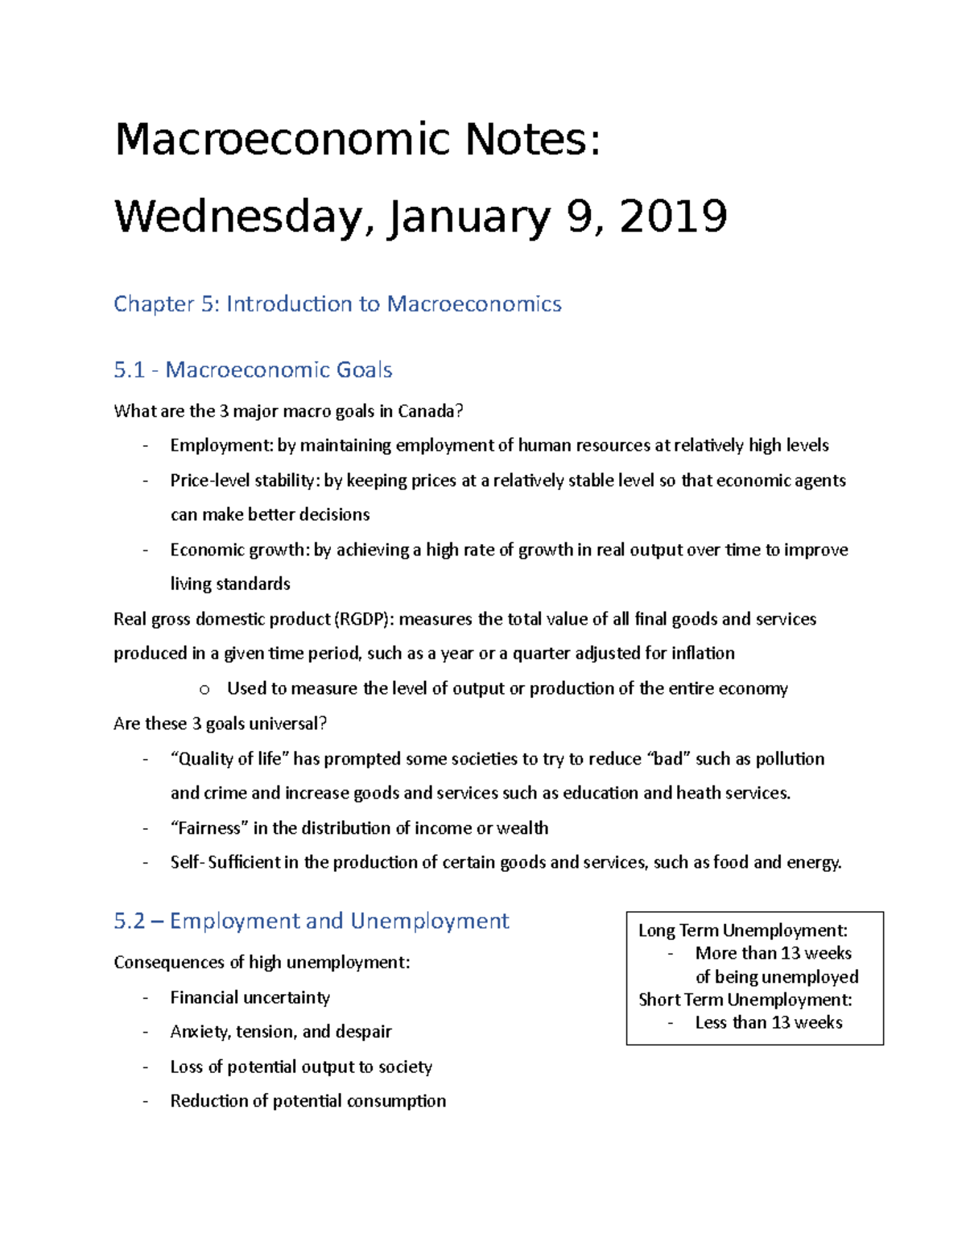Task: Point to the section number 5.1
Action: (x=129, y=370)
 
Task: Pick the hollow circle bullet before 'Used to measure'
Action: (x=204, y=689)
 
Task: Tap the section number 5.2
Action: (x=129, y=922)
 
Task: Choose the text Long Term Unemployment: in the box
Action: (x=742, y=930)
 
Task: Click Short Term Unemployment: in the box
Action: (x=745, y=1000)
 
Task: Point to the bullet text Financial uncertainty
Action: (x=250, y=998)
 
